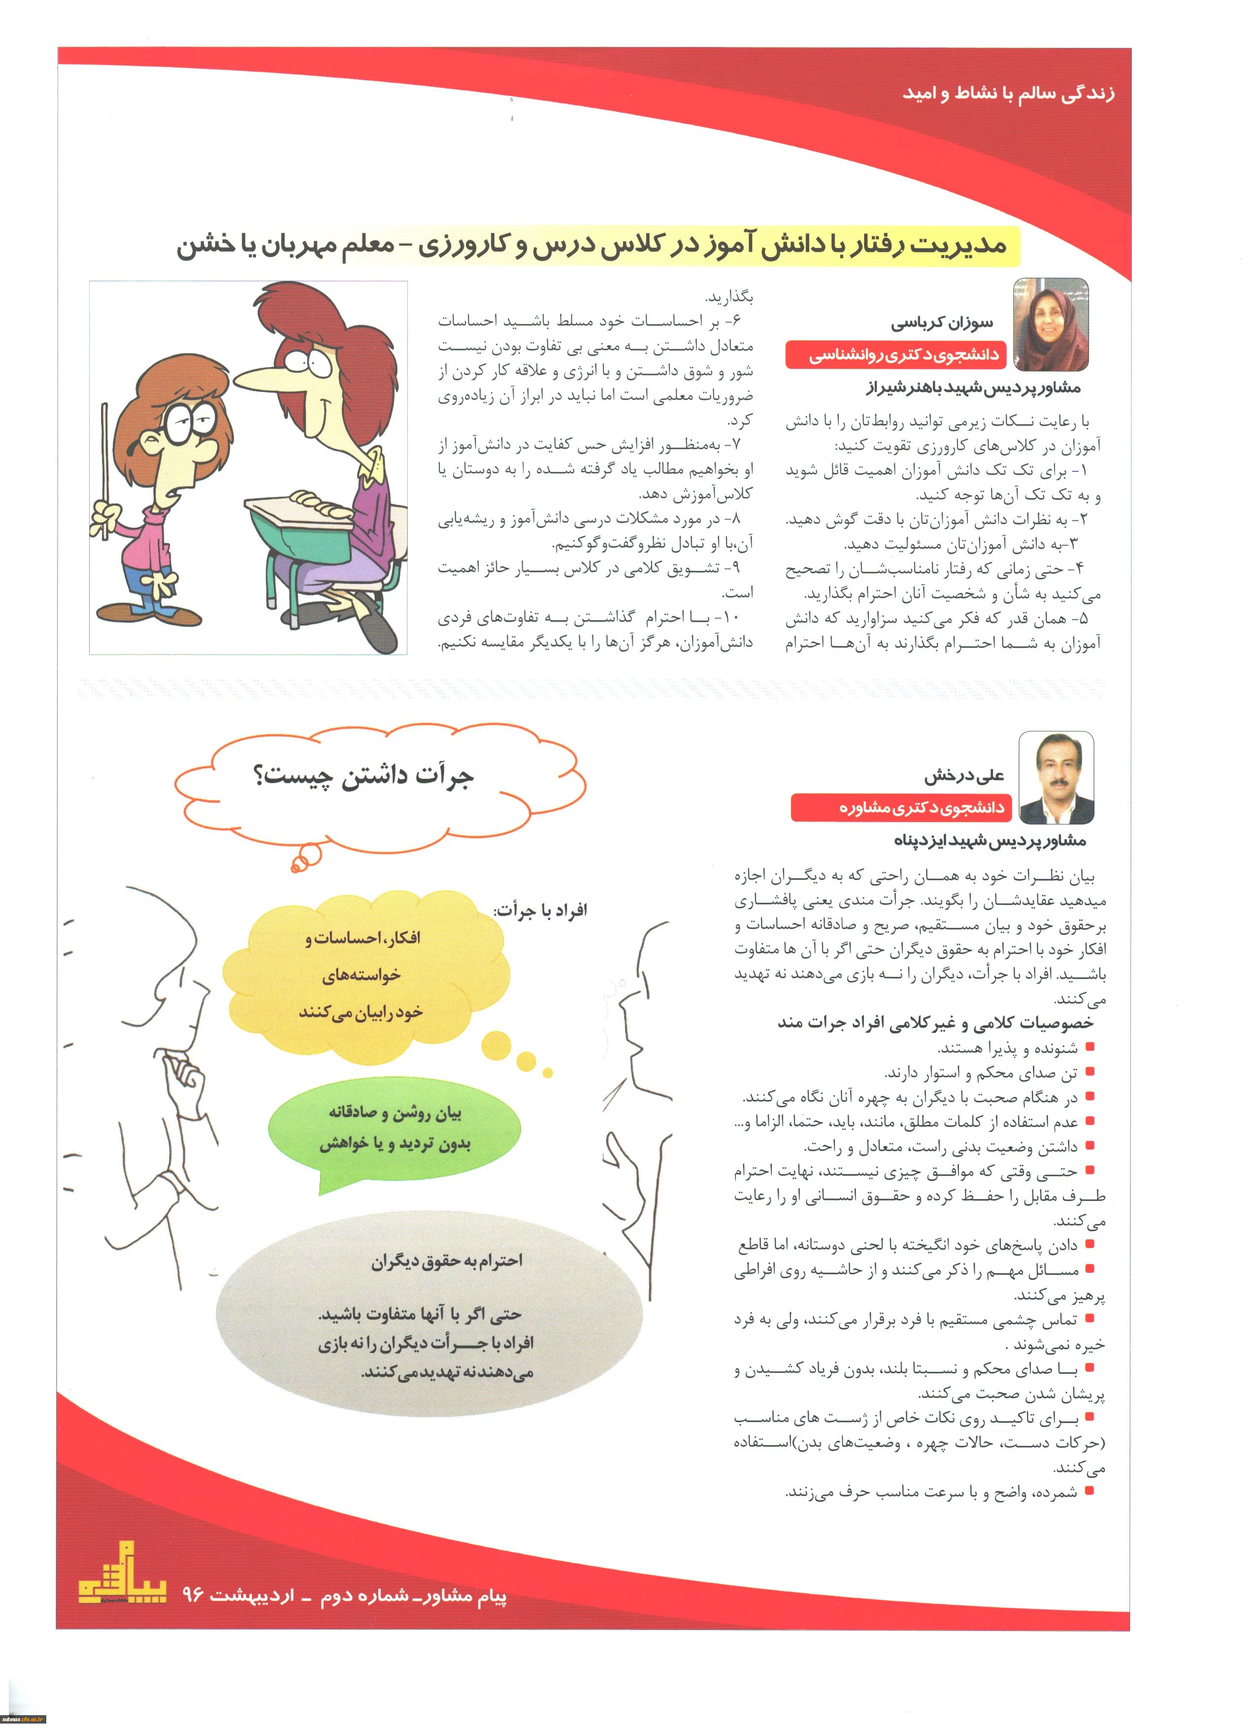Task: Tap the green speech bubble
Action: coord(395,1129)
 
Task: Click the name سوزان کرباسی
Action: coord(942,323)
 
